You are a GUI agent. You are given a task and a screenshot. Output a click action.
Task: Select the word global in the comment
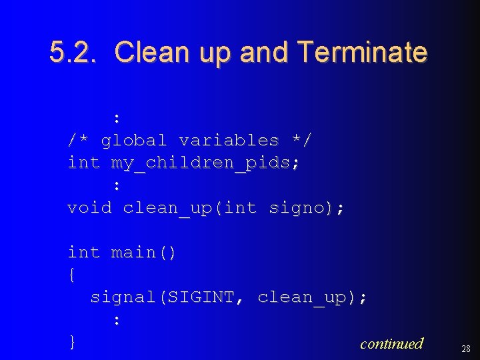(x=133, y=141)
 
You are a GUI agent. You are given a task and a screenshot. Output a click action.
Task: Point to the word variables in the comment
(x=229, y=141)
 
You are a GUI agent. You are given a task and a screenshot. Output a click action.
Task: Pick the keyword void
(x=89, y=208)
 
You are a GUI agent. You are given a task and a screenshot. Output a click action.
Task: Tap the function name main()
(x=143, y=253)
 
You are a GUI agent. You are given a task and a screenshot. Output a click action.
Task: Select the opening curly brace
(x=73, y=275)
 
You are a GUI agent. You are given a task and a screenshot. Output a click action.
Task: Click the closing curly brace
(x=73, y=343)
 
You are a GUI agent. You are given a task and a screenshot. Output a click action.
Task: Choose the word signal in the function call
(x=123, y=297)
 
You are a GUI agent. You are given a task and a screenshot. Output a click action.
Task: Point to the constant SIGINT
(x=201, y=297)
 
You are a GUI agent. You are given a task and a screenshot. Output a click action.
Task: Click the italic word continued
(x=391, y=343)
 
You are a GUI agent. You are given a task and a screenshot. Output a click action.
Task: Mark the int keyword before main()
(x=83, y=253)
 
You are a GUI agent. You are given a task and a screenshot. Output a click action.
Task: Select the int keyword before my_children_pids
(x=83, y=163)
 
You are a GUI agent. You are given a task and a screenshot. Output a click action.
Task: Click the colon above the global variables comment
(x=117, y=119)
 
